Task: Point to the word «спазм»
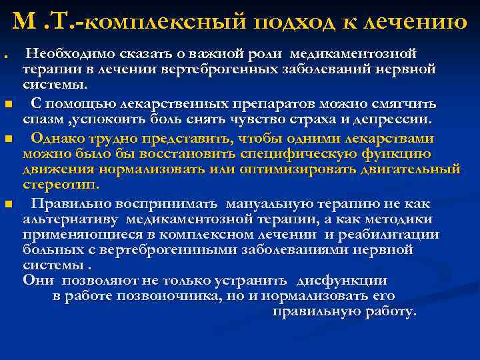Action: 41,120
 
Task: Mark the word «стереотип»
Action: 60,185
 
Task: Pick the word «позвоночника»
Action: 204,296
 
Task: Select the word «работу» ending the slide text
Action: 387,311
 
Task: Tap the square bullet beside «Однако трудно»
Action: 7,139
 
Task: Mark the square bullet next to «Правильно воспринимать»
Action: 7,204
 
